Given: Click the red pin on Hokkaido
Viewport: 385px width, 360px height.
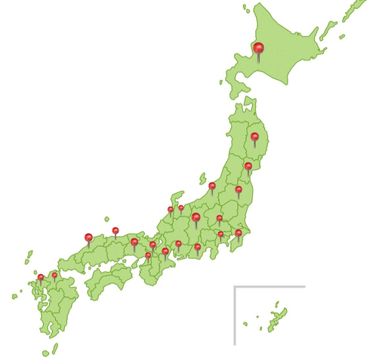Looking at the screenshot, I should [x=259, y=49].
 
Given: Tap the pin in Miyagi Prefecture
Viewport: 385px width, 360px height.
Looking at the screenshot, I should [x=248, y=166].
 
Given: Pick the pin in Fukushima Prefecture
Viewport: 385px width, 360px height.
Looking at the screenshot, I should [x=239, y=189].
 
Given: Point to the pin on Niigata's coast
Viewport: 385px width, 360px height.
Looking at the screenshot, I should [x=212, y=185].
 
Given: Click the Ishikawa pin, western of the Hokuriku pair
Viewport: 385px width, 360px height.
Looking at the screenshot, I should [x=171, y=210].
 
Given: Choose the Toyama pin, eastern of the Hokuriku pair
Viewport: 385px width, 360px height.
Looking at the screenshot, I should [x=181, y=208].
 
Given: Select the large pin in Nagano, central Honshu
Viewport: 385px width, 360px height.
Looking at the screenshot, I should [x=196, y=218].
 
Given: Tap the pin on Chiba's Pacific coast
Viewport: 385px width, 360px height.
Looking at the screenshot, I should [x=239, y=233].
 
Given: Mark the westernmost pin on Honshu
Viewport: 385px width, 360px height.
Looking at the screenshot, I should [x=88, y=238].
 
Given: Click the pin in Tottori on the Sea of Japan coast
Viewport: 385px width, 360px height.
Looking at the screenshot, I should [x=115, y=230].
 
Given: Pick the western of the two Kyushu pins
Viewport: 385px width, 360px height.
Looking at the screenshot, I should [x=41, y=277].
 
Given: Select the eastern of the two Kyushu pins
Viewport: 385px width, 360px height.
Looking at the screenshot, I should [x=54, y=275].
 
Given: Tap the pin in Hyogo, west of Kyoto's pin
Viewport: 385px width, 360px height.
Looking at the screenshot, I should [x=134, y=242].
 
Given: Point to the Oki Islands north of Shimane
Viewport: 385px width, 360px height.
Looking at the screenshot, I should [x=106, y=219].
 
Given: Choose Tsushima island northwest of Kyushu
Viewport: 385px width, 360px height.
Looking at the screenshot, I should [x=29, y=257].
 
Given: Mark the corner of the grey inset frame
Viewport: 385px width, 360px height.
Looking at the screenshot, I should [x=235, y=287].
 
